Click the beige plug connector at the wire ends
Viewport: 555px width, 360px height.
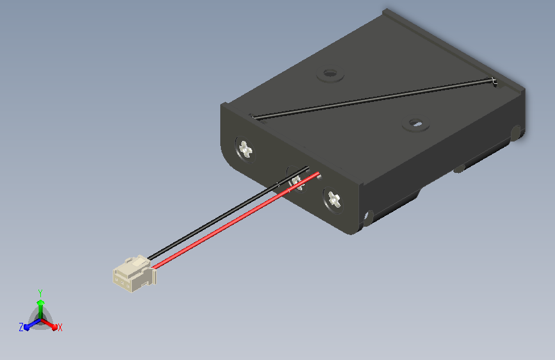(x=134, y=274)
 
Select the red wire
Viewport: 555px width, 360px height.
(x=236, y=220)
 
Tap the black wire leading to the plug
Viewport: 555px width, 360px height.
(x=229, y=213)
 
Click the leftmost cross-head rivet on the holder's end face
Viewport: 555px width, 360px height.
(x=246, y=149)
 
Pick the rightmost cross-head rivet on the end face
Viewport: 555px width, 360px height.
(x=334, y=200)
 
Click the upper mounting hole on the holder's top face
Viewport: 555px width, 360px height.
(x=330, y=74)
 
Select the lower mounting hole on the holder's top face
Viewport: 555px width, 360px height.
(x=417, y=124)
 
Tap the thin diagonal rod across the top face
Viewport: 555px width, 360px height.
(x=373, y=98)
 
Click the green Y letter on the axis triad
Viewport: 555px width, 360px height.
(x=40, y=293)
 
